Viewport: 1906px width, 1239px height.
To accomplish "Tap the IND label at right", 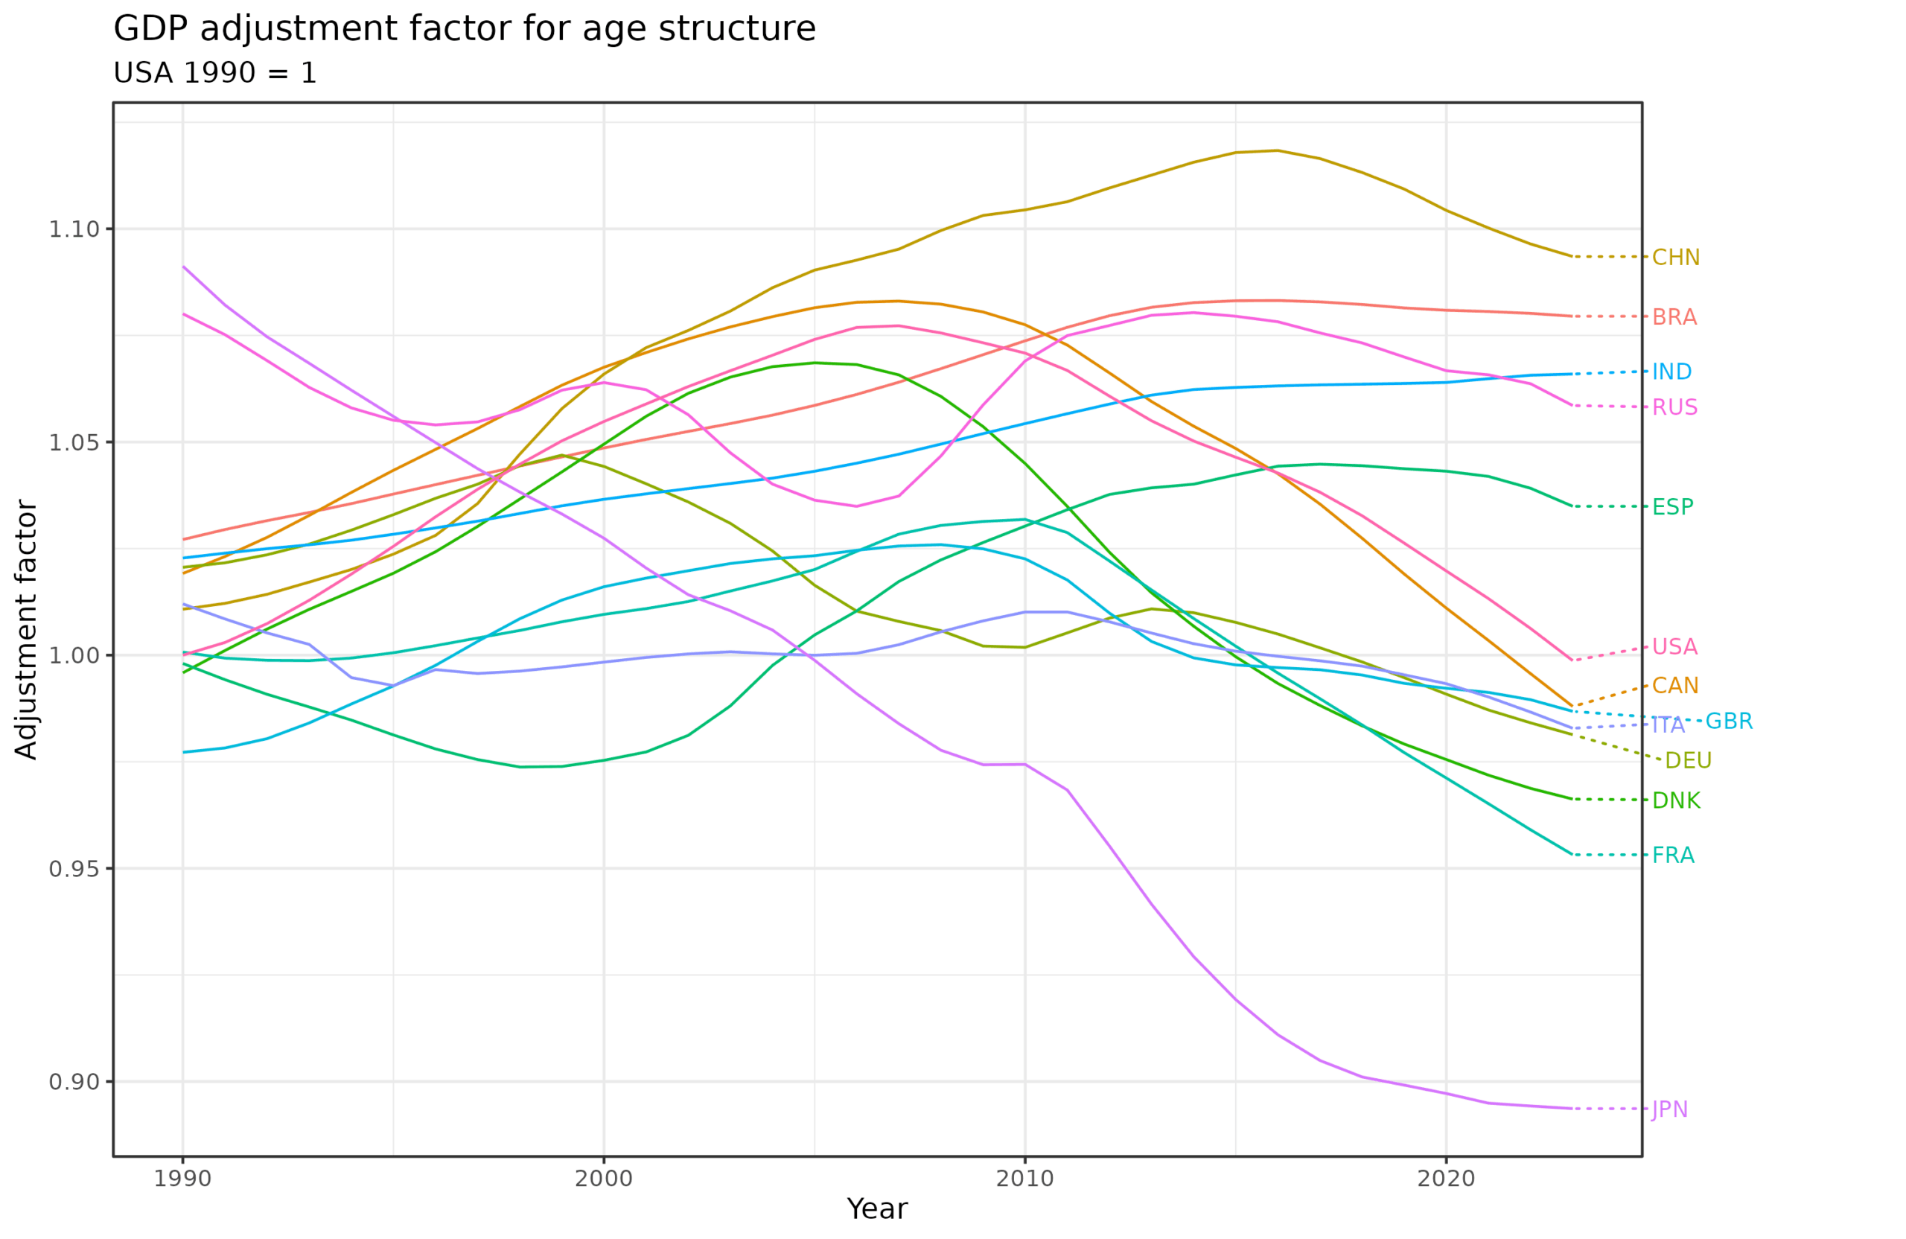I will click(x=1672, y=372).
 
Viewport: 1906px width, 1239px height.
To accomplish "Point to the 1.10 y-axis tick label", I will click(x=74, y=230).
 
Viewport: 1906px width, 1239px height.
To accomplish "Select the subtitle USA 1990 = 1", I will click(x=214, y=74).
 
